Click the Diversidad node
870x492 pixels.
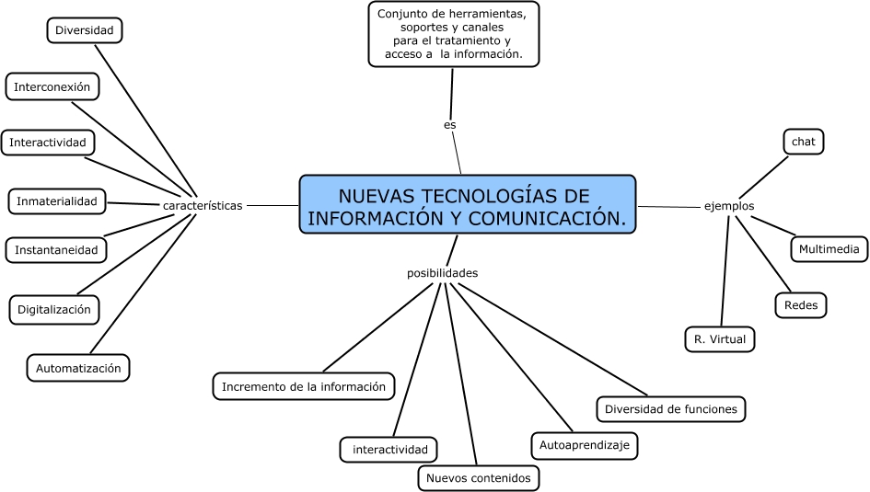pyautogui.click(x=84, y=30)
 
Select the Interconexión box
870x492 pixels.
pyautogui.click(x=52, y=87)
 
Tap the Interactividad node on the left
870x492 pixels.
pyautogui.click(x=47, y=143)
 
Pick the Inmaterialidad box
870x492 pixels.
pyautogui.click(x=56, y=200)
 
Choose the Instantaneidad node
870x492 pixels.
pyautogui.click(x=56, y=248)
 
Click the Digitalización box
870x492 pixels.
pyautogui.click(x=54, y=309)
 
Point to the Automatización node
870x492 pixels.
pyautogui.click(x=78, y=368)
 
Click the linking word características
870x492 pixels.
pyautogui.click(x=203, y=206)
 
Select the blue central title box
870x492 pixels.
pyautogui.click(x=468, y=206)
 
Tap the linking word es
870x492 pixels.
pyautogui.click(x=449, y=125)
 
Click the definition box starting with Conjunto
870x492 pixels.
pyautogui.click(x=453, y=34)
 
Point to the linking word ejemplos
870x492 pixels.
pyautogui.click(x=729, y=206)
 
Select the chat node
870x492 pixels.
pyautogui.click(x=803, y=142)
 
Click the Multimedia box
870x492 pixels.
pyautogui.click(x=829, y=248)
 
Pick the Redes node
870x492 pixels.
pyautogui.click(x=801, y=304)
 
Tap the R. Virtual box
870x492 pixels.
pyautogui.click(x=720, y=338)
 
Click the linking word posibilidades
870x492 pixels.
pyautogui.click(x=442, y=273)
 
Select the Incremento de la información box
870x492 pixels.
pyautogui.click(x=304, y=386)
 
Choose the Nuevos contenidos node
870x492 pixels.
pyautogui.click(x=478, y=478)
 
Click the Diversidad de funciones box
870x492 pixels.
pyautogui.click(x=671, y=408)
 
